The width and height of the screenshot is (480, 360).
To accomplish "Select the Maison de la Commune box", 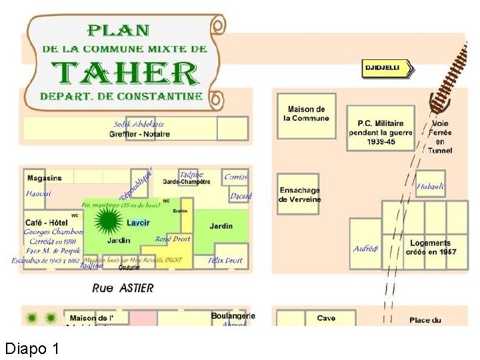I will click(x=306, y=114).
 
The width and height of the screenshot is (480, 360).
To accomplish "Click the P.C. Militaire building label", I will click(x=381, y=131).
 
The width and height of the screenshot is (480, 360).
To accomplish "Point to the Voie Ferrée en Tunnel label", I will click(x=440, y=137).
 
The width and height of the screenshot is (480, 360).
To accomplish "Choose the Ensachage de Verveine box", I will click(x=299, y=195).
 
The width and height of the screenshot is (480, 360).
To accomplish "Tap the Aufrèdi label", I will click(x=365, y=249).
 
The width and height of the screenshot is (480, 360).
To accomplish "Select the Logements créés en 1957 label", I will click(x=429, y=247).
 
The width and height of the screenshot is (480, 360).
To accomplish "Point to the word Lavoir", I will click(x=138, y=222).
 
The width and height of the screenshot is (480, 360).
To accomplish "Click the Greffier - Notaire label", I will click(x=139, y=133).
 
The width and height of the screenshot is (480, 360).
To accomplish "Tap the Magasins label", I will click(x=44, y=178).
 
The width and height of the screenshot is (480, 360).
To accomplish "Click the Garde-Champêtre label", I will click(x=187, y=181).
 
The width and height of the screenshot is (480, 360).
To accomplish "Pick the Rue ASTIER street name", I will click(x=123, y=288).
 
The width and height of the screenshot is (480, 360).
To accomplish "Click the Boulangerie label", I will click(x=233, y=316).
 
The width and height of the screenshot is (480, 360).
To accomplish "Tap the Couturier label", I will click(x=129, y=267).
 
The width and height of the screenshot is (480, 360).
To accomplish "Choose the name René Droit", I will click(x=173, y=239).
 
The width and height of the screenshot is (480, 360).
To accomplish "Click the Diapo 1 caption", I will click(x=32, y=348).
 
